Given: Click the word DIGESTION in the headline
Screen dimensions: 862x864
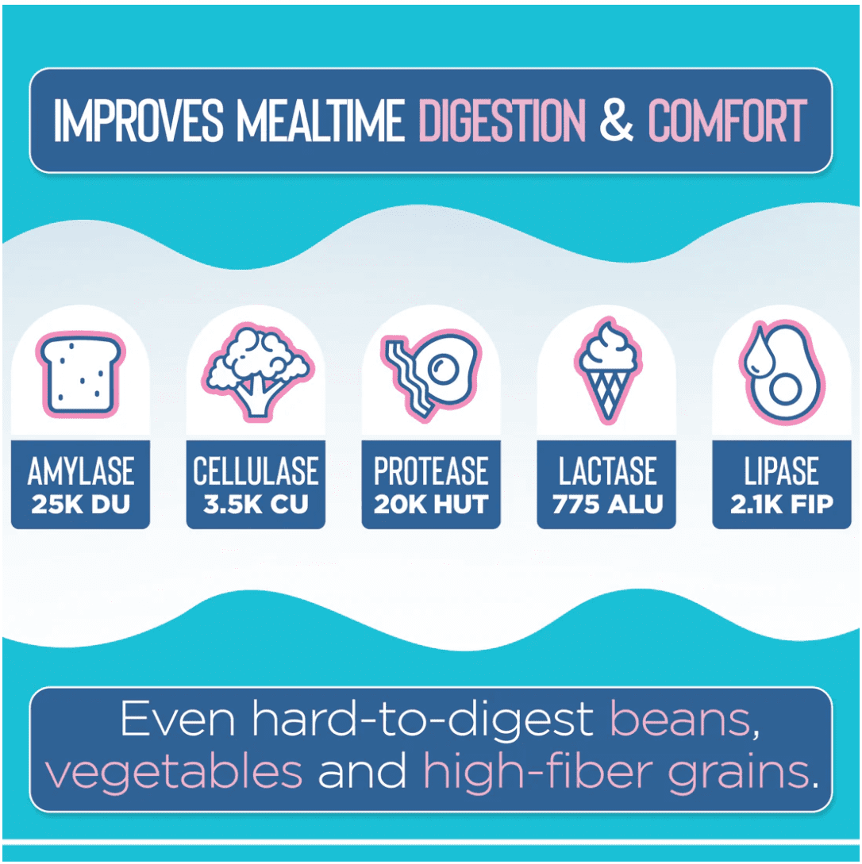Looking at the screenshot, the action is pos(502,120).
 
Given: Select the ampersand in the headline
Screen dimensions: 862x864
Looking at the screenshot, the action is pos(616,120).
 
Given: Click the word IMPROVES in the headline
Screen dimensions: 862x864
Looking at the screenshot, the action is pos(138,120).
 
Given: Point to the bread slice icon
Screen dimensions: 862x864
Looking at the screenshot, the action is pos(80,374).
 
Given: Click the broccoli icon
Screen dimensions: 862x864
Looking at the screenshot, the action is pos(257,372).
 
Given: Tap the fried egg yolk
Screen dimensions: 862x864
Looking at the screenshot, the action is pos(444,368).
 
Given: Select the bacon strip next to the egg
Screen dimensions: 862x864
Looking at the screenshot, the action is pos(408,380).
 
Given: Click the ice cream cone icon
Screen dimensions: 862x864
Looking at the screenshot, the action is pos(607,371).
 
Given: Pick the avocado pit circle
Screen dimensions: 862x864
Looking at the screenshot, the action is pos(785,390).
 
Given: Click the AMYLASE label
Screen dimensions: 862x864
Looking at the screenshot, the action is pos(80,471).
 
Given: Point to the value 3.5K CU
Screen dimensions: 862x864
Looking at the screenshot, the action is pos(256,505).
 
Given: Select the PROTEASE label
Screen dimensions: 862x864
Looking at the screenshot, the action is pos(431,471).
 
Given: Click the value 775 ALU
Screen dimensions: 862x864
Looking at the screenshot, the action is pos(607,505).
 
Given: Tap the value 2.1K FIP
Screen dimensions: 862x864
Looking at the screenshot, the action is pos(782,505).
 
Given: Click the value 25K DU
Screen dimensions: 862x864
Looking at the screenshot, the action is pos(80,505).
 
